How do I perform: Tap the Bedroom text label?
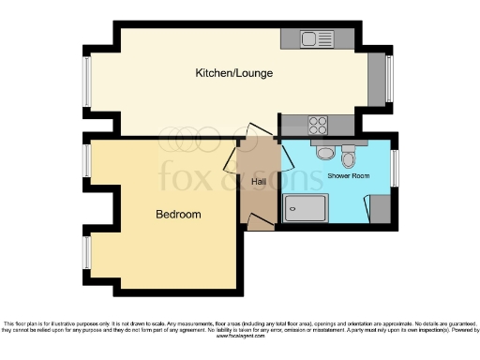point(178,215)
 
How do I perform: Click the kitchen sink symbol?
point(316,38)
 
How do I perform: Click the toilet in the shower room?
point(349,154)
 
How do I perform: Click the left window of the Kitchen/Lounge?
point(86,82)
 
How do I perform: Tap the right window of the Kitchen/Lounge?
point(389,80)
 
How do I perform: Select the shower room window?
point(395,168)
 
